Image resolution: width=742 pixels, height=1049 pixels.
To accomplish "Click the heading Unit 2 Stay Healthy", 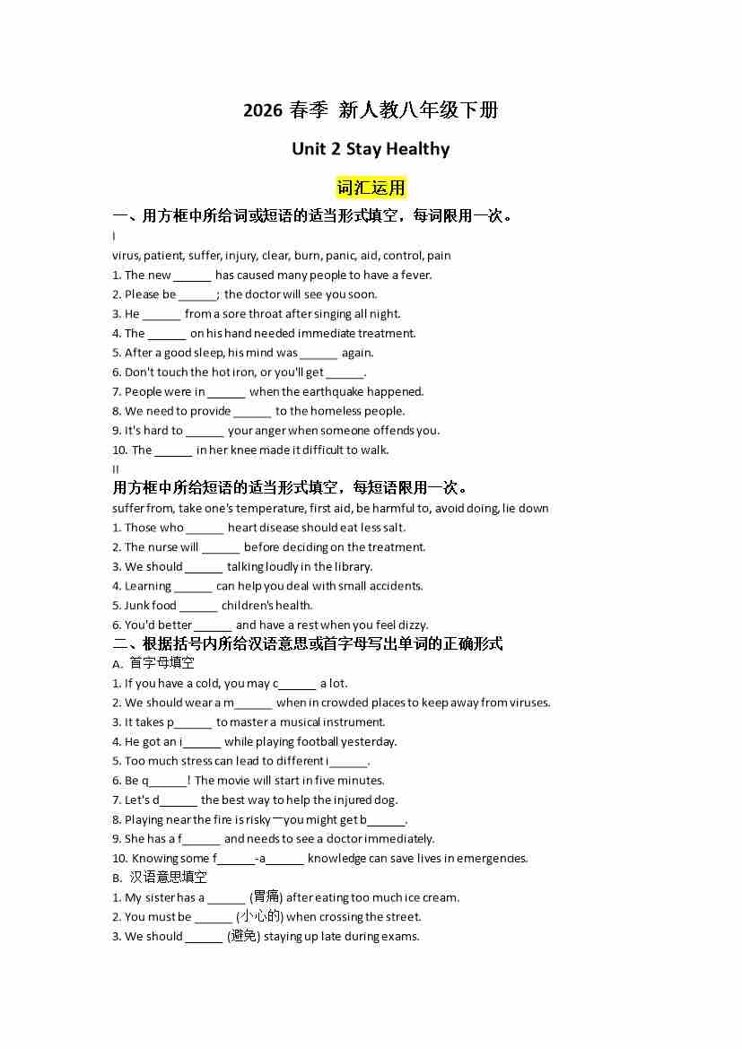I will pyautogui.click(x=371, y=149).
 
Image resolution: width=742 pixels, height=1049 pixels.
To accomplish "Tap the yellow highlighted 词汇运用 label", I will pyautogui.click(x=371, y=188).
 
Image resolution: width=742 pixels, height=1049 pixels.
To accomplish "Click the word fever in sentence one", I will pyautogui.click(x=415, y=275).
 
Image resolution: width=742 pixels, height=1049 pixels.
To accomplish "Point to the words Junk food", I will pyautogui.click(x=151, y=606).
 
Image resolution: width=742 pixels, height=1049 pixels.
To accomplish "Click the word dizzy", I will pyautogui.click(x=411, y=625).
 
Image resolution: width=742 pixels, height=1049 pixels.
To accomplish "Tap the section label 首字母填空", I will pyautogui.click(x=161, y=663).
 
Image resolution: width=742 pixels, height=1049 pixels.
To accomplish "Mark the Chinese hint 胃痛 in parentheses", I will pyautogui.click(x=266, y=897).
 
